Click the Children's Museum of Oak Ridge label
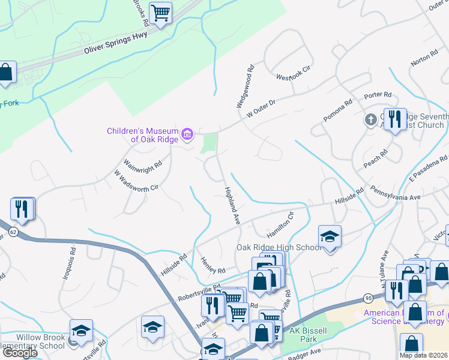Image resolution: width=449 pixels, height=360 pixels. click(142, 135)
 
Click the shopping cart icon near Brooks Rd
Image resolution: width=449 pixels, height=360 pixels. click(160, 13)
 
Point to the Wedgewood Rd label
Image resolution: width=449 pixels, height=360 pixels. click(246, 87)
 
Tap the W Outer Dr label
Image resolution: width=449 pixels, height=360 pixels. click(259, 109)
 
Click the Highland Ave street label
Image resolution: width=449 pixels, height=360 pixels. click(232, 205)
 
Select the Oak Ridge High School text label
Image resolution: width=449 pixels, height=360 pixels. click(279, 247)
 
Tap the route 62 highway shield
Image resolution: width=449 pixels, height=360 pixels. click(13, 230)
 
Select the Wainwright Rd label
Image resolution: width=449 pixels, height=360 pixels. click(143, 163)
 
